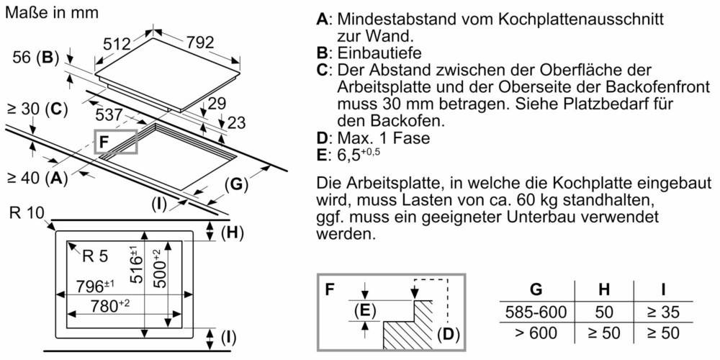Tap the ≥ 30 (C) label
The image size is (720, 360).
[x=37, y=109]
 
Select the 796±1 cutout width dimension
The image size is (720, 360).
[x=96, y=286]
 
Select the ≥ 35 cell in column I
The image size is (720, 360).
[x=662, y=312]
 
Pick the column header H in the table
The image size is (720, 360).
[x=603, y=289]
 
